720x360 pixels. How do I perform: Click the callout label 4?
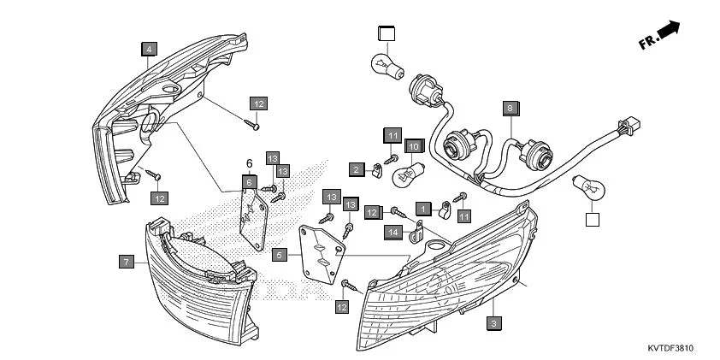(x=149, y=50)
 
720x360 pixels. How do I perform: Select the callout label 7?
(x=126, y=262)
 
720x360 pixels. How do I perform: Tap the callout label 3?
(x=493, y=323)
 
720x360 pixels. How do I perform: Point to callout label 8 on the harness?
(x=510, y=109)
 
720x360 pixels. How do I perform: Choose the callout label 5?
(x=278, y=255)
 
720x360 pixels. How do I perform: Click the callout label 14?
(x=392, y=231)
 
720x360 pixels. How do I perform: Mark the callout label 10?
(x=412, y=146)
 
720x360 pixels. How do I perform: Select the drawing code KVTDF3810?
(x=670, y=348)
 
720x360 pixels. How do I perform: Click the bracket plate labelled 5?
(x=322, y=251)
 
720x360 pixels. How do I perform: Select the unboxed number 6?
(x=249, y=163)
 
